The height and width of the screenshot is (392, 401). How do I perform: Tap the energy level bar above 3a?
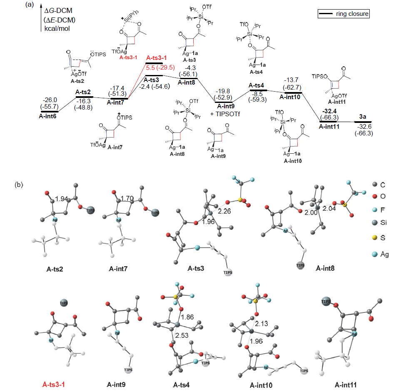[x=363, y=122]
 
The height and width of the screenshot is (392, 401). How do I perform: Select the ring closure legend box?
[x=344, y=14]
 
